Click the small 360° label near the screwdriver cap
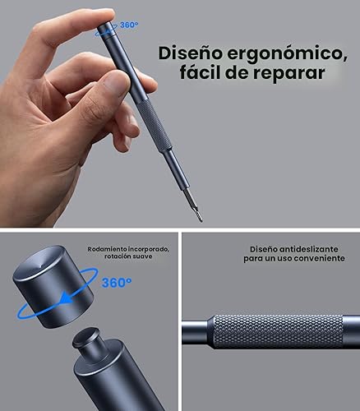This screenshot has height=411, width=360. pyautogui.click(x=129, y=25)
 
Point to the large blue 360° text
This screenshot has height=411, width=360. pyautogui.click(x=117, y=283)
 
